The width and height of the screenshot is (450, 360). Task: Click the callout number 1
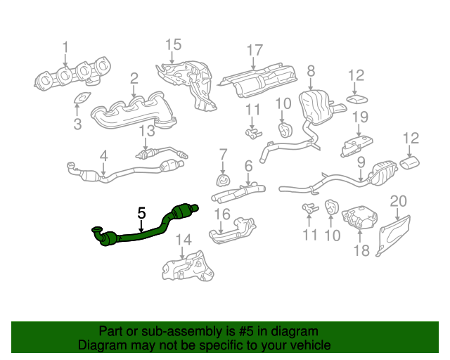click(x=65, y=47)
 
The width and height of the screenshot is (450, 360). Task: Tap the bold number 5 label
click(x=141, y=212)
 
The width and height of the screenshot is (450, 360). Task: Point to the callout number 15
click(x=174, y=46)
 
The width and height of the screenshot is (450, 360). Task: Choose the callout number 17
click(x=255, y=51)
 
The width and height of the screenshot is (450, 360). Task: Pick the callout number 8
click(x=311, y=70)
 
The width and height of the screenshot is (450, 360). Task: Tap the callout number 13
click(x=146, y=131)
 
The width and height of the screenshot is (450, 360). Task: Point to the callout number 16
click(x=222, y=214)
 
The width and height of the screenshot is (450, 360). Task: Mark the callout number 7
click(x=223, y=153)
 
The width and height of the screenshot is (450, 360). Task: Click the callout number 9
click(x=361, y=162)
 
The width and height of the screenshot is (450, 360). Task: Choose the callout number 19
click(x=360, y=117)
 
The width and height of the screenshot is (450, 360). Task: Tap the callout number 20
click(x=399, y=202)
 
